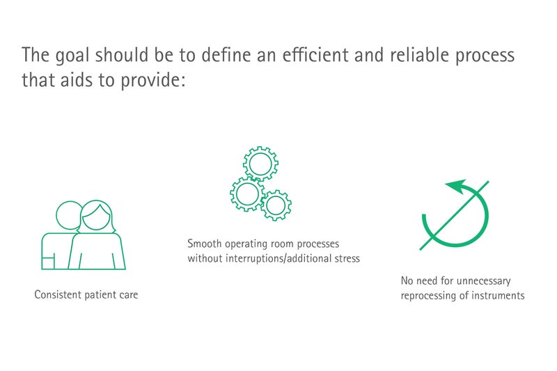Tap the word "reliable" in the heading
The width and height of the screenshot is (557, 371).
[419, 54]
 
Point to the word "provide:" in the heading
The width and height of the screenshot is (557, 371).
[153, 80]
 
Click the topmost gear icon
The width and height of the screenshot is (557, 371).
[260, 164]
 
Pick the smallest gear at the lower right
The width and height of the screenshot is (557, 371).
[276, 205]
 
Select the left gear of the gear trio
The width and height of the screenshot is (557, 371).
[247, 194]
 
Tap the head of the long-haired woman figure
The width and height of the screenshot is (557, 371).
[96, 216]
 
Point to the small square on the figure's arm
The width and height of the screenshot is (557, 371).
[48, 262]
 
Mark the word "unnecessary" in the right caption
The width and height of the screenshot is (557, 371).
[483, 281]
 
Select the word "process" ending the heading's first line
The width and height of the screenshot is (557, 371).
[485, 56]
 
